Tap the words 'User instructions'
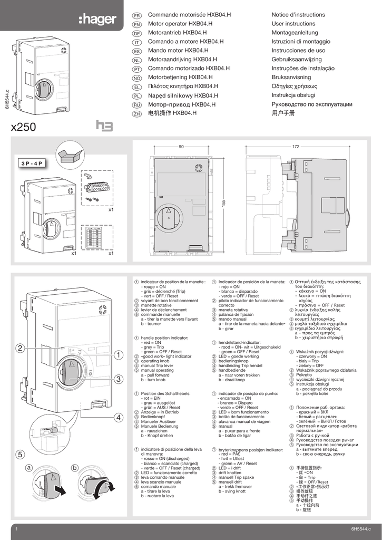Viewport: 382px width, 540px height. coord(293,24)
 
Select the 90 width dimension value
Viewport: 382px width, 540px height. coord(181,147)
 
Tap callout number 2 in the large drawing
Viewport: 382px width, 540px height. coord(19,349)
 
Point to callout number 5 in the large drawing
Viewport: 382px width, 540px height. coord(19,454)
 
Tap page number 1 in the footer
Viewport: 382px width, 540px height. coord(17,529)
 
